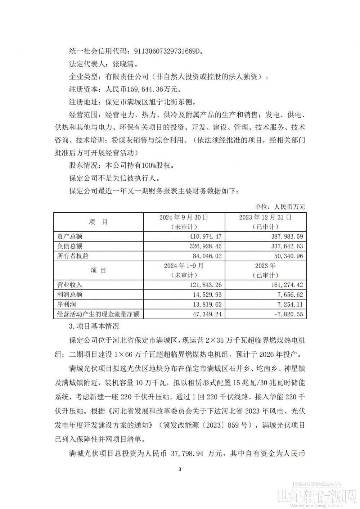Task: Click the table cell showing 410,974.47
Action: click(x=204, y=237)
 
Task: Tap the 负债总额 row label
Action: click(x=70, y=246)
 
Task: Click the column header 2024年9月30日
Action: click(x=184, y=217)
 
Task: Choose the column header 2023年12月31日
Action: click(x=266, y=217)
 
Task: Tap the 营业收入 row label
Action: click(x=70, y=285)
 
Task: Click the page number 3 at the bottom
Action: click(x=180, y=469)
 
